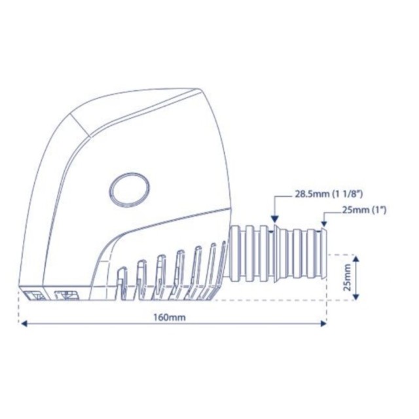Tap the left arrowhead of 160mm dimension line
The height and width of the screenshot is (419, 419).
[x=24, y=324]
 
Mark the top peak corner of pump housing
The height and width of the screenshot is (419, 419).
[x=199, y=89]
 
